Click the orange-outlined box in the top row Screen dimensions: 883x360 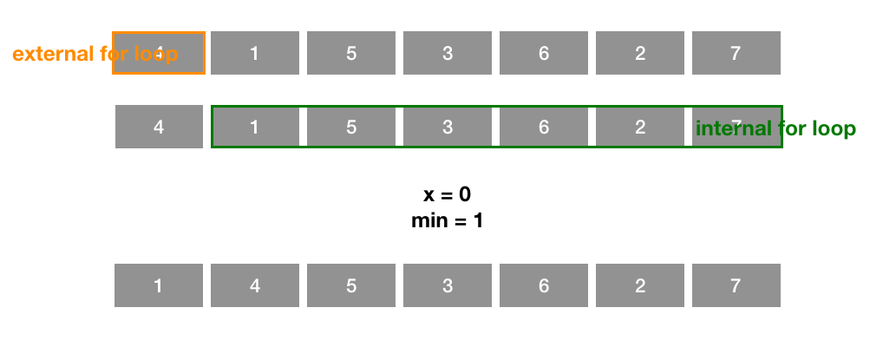[x=159, y=53]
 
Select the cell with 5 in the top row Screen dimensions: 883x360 [x=351, y=53]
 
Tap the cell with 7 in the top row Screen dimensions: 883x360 [x=736, y=53]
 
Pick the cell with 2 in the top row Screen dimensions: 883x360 [x=640, y=53]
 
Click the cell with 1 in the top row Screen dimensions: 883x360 [x=254, y=53]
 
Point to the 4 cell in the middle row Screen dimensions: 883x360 [x=159, y=127]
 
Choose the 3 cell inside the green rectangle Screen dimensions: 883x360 [x=448, y=127]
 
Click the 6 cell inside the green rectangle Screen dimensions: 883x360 [x=544, y=127]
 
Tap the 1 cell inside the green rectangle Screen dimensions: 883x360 [x=255, y=127]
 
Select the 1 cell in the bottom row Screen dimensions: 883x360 [x=158, y=285]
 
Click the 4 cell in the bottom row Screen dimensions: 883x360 [x=254, y=285]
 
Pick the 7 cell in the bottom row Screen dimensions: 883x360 [x=736, y=285]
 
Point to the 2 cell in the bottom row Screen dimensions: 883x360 [x=640, y=285]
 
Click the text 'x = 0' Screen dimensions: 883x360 [x=447, y=194]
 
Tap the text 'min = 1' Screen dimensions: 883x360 [x=447, y=220]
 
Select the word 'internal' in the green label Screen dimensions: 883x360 [x=731, y=129]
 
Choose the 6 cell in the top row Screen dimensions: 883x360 [x=544, y=53]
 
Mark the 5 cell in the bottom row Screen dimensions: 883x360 [x=351, y=285]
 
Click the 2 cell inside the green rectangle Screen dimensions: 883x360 [x=640, y=127]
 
